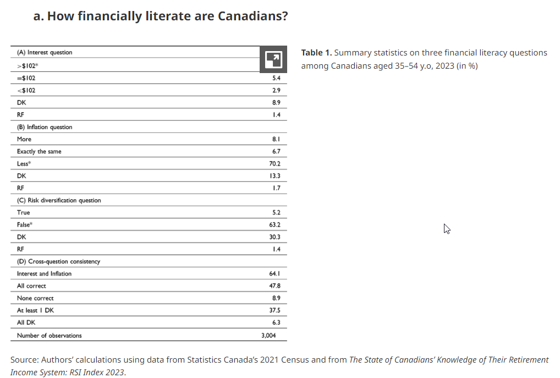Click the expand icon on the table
273,59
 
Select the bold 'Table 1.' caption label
316,53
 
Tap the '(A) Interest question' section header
45,53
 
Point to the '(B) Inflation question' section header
45,127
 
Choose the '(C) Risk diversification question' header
59,201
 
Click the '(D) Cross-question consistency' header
58,262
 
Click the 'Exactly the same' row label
39,152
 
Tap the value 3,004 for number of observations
269,335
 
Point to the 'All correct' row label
31,286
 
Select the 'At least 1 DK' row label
35,310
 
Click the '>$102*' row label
27,65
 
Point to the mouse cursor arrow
447,229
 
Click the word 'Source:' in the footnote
25,360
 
